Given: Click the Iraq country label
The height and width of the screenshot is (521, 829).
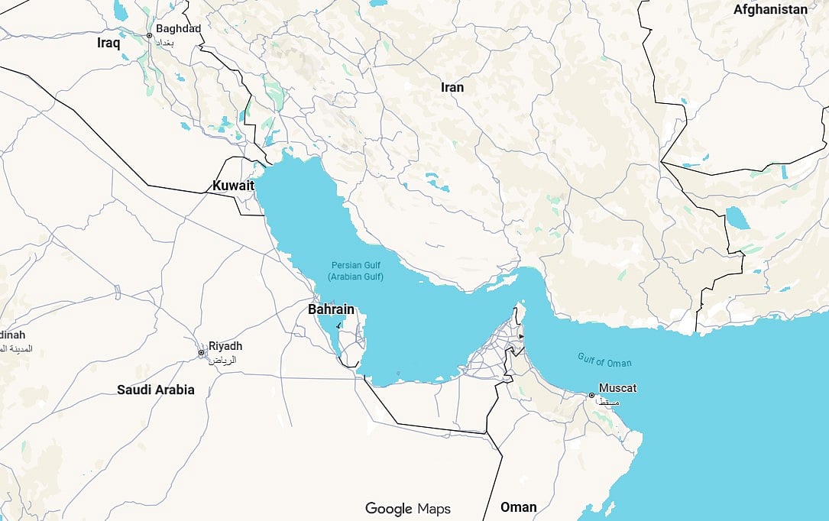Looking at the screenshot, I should coord(108,44).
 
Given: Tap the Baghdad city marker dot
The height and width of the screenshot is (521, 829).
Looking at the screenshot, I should coord(150,36).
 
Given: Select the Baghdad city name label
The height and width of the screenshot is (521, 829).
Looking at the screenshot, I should coord(178,29).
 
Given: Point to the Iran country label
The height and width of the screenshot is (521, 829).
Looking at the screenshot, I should coord(452,87).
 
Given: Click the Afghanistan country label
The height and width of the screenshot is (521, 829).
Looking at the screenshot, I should coord(770,10).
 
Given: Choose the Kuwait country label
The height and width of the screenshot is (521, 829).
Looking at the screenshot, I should coord(233,186).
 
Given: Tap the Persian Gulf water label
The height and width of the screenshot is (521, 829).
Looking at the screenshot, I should coord(355,264).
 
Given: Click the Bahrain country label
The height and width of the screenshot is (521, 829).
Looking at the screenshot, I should coord(331,309).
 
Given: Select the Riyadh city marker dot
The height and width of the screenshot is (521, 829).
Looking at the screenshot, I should coord(202,353).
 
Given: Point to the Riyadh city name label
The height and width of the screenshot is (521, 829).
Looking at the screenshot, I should coord(225,346).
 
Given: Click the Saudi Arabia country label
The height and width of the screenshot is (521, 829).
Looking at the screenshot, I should coord(155,390).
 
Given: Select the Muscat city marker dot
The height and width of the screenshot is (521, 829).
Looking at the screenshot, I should coord(591,396).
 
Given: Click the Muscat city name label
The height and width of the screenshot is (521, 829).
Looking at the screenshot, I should coord(617,388).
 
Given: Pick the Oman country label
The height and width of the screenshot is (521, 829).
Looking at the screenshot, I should coord(518,506).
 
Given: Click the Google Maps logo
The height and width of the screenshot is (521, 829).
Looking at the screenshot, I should coord(407,509).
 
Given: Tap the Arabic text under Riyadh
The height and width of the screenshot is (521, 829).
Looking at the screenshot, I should coord(223,359).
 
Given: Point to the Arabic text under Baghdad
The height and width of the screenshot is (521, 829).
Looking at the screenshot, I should coord(165,43).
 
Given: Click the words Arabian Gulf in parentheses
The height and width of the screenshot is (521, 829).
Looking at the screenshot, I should coord(355,277).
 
